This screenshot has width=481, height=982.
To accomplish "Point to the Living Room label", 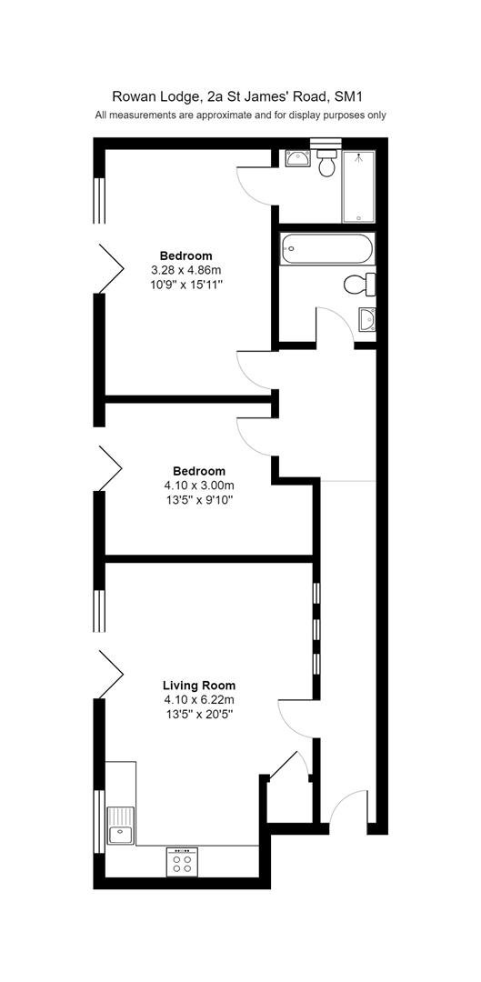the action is [x=199, y=686].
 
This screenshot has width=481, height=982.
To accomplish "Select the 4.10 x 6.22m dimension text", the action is [x=199, y=699].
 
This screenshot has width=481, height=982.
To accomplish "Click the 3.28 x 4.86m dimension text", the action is [x=186, y=270].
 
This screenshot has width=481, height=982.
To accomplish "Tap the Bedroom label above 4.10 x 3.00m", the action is [x=199, y=471].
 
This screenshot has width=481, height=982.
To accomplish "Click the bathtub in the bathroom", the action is [x=327, y=248].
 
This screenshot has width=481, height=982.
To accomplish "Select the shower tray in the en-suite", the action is [x=358, y=186].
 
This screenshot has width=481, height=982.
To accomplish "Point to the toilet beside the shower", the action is [x=326, y=162].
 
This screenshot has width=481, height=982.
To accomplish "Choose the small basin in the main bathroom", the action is [x=367, y=319].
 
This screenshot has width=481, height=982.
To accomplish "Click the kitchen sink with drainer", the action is [x=121, y=825].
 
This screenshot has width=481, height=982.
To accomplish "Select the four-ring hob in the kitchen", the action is [x=182, y=862].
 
